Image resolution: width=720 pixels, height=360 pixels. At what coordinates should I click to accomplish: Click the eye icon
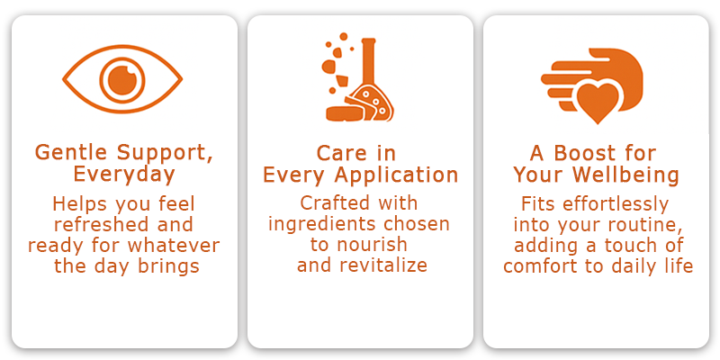click(122, 79)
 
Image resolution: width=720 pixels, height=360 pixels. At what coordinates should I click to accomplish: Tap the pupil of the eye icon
click(122, 79)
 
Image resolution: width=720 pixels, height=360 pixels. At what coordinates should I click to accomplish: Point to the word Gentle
click(71, 152)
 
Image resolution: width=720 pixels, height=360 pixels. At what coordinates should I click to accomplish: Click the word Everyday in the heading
click(124, 175)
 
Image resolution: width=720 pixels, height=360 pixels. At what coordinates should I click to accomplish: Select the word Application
click(396, 175)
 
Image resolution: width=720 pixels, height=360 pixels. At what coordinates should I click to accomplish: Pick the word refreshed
click(102, 224)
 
